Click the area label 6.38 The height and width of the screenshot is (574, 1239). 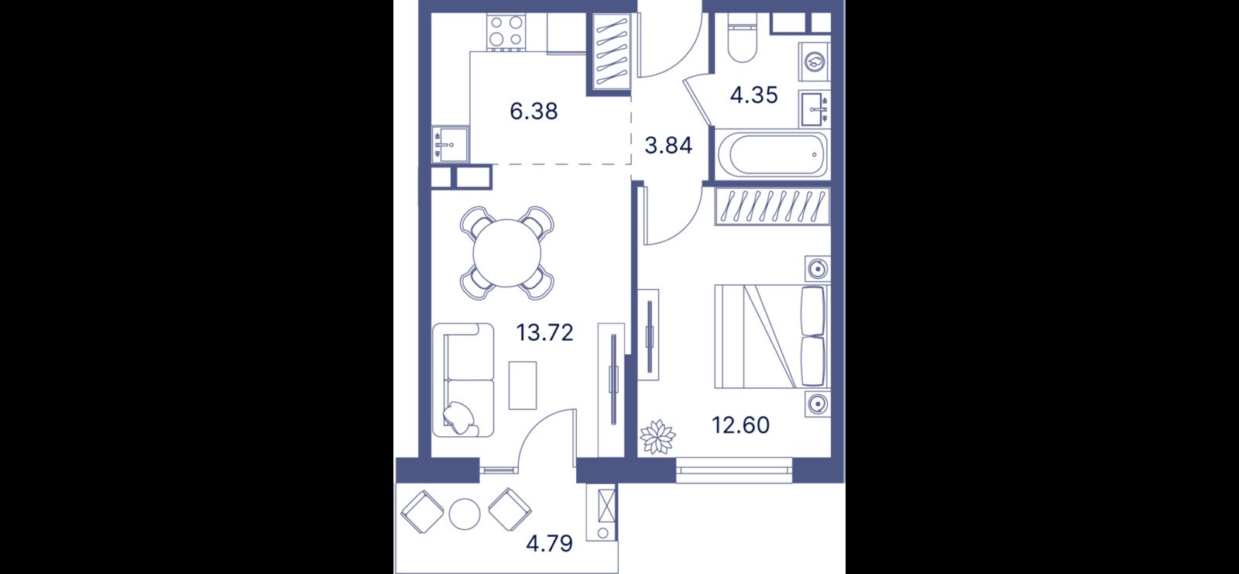pos(534,112)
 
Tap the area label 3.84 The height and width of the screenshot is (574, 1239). pos(669,146)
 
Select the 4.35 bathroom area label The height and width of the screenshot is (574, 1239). pos(754,95)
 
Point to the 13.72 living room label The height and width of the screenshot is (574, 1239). pos(545,332)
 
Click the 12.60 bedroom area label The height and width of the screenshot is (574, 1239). pos(740,425)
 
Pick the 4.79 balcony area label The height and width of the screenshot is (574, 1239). pos(549,544)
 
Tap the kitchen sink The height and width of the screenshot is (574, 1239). pos(450,145)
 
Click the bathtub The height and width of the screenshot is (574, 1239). pos(772,154)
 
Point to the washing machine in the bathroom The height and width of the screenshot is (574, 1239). pos(815,61)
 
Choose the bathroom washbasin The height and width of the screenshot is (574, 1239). pos(815,109)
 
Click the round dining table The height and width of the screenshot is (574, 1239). pos(506,253)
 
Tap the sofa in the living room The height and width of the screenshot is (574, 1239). pos(463,380)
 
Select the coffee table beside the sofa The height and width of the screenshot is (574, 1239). pos(523,385)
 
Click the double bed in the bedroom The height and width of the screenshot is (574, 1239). pos(772,336)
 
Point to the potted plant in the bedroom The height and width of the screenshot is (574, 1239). pos(657,438)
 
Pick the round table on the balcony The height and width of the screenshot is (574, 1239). pos(465,514)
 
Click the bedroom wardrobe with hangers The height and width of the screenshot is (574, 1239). pos(772,207)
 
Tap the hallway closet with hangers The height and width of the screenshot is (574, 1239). pos(612,51)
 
